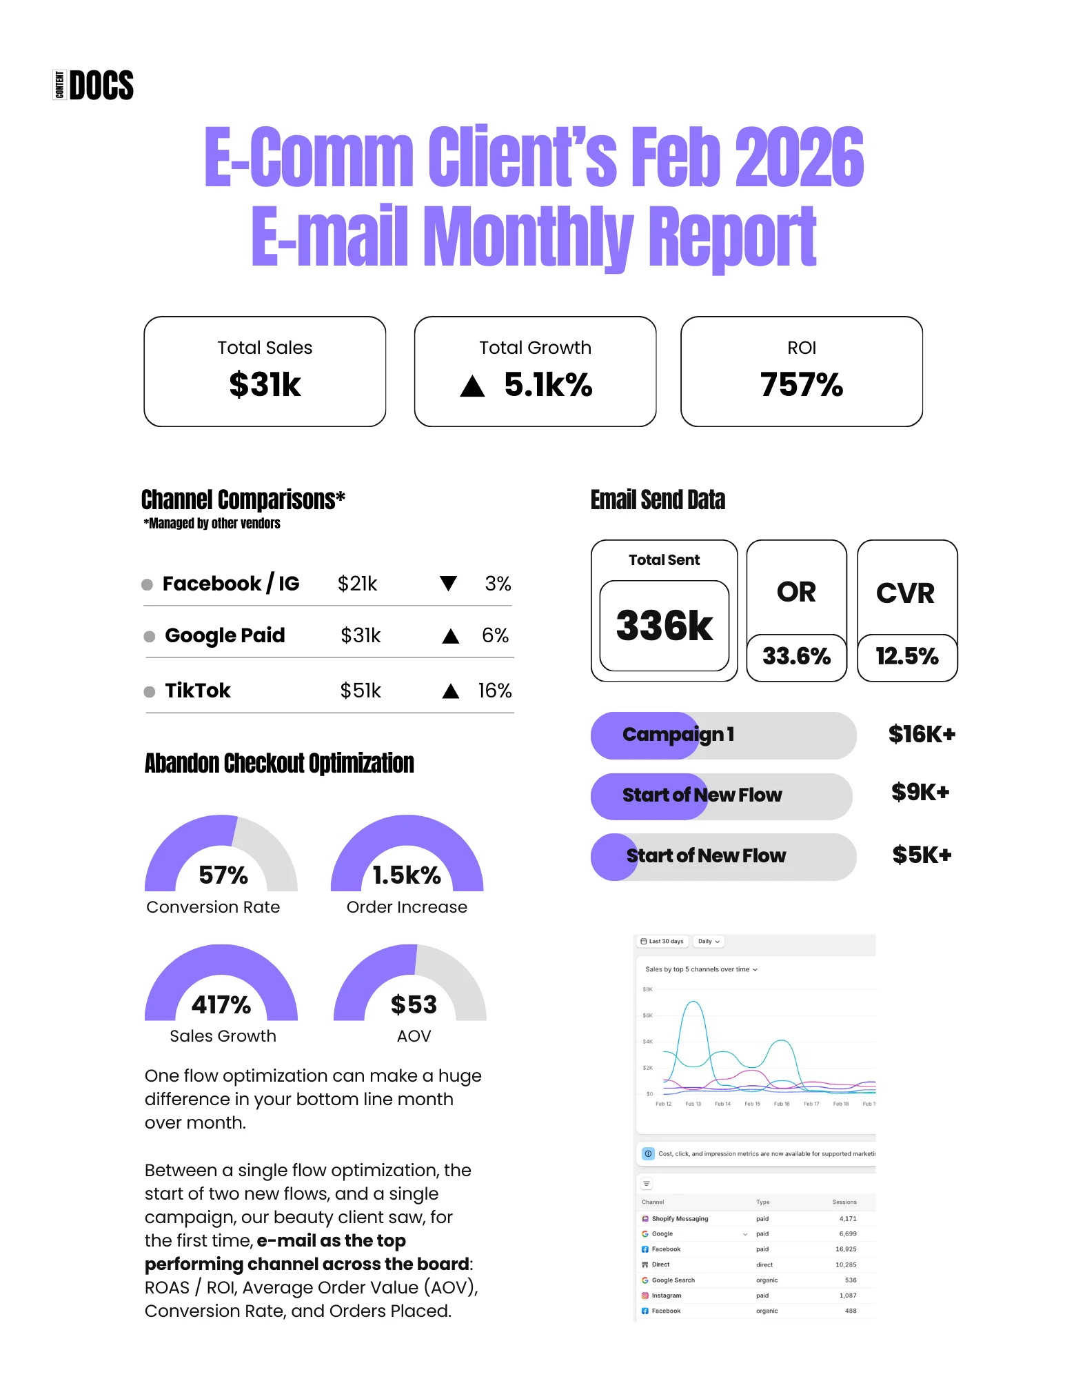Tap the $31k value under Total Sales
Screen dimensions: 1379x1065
pyautogui.click(x=265, y=384)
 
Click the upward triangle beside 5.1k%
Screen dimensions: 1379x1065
pyautogui.click(x=472, y=386)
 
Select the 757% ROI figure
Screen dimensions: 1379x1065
pyautogui.click(x=801, y=384)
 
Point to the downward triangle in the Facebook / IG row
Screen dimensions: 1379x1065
pyautogui.click(x=448, y=584)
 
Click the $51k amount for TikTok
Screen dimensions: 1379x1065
pyautogui.click(x=360, y=691)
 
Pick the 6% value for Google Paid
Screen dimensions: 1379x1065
pyautogui.click(x=495, y=635)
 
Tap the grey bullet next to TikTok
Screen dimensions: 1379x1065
pyautogui.click(x=149, y=691)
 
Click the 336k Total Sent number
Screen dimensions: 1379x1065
pyautogui.click(x=664, y=626)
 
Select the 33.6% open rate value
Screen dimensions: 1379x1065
pyautogui.click(x=796, y=656)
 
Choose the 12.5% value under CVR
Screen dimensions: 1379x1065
pyautogui.click(x=906, y=656)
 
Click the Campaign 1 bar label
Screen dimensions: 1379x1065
pyautogui.click(x=678, y=735)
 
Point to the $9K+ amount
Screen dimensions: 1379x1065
pyautogui.click(x=920, y=792)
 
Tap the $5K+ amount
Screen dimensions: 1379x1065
pyautogui.click(x=922, y=855)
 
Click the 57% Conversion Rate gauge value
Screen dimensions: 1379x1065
pyautogui.click(x=223, y=875)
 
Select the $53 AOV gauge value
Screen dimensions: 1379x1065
pyautogui.click(x=414, y=1004)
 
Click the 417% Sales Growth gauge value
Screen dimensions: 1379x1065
pyautogui.click(x=221, y=1004)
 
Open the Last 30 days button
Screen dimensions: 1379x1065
pyautogui.click(x=662, y=941)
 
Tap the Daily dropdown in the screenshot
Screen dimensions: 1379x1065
pyautogui.click(x=709, y=941)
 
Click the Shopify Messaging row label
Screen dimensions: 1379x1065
pyautogui.click(x=680, y=1218)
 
